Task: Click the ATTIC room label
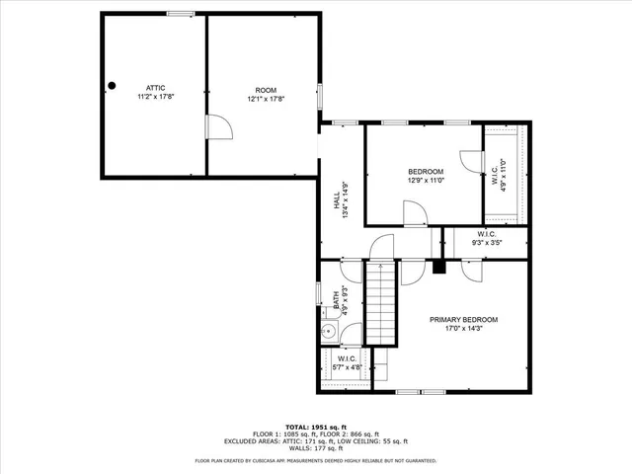pos(155,88)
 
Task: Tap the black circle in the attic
pos(112,85)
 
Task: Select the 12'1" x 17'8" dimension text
pos(265,99)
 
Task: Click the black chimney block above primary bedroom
pos(440,266)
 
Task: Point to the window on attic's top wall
pos(180,13)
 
